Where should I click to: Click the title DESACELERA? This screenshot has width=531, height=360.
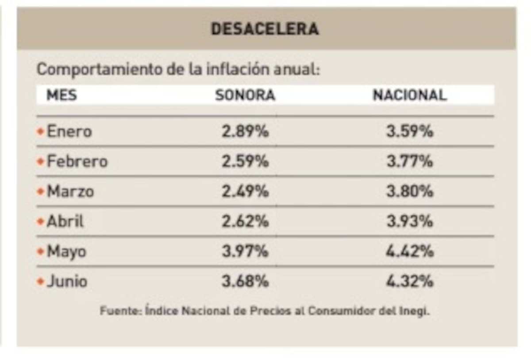point(265,29)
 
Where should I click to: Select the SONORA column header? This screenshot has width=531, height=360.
point(245,95)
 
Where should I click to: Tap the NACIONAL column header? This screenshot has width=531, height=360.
point(409,95)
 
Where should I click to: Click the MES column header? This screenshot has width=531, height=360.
point(62,95)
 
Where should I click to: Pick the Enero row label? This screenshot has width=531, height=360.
point(69,132)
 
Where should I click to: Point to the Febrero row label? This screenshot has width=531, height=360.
point(77,162)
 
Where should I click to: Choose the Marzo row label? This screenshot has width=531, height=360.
point(70,192)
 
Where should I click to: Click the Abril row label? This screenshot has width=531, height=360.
point(65,221)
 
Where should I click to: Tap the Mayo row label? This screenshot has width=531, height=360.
point(66,252)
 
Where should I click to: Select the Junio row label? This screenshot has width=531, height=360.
point(67,282)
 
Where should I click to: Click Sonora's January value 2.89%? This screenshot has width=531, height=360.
point(245,132)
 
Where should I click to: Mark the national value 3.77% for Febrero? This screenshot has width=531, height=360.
point(409,162)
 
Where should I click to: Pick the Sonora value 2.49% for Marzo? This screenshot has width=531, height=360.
point(245,192)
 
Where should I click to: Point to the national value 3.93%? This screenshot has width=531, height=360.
point(409,221)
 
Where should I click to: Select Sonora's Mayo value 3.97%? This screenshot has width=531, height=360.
point(245,252)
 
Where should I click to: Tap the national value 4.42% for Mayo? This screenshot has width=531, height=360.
point(409,252)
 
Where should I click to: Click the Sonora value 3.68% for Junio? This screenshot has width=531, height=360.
point(245,282)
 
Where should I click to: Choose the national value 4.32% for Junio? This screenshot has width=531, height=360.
point(409,282)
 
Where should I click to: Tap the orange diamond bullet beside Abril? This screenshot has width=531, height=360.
point(41,221)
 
